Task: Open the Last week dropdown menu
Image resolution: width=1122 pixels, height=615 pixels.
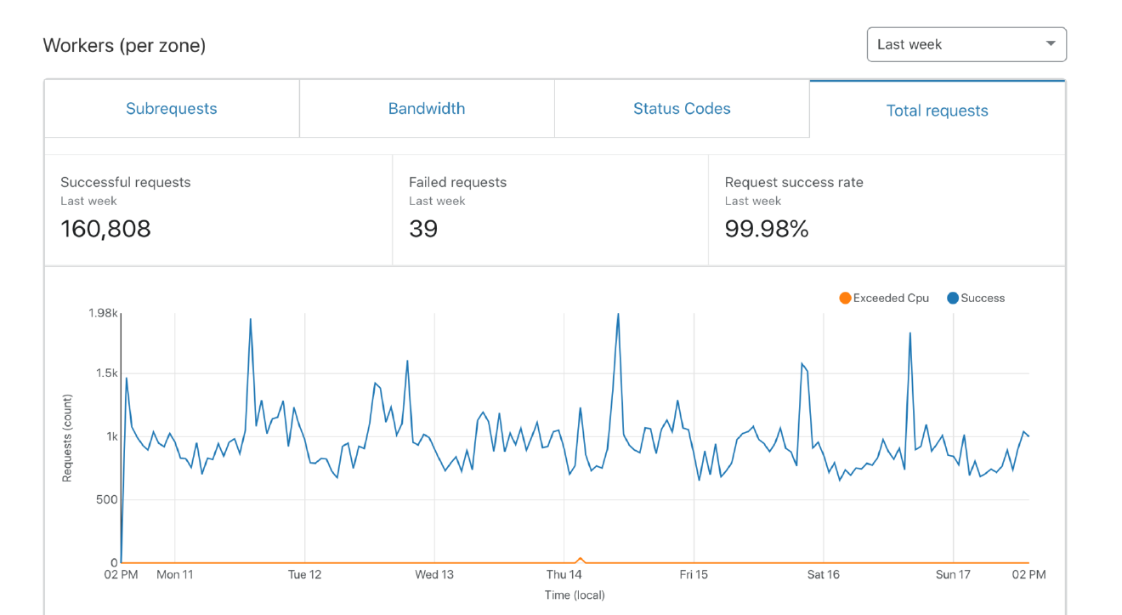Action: pyautogui.click(x=966, y=44)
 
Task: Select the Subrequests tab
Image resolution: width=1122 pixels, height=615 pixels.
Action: pyautogui.click(x=172, y=109)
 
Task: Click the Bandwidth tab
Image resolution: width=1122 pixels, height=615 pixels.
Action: pyautogui.click(x=427, y=109)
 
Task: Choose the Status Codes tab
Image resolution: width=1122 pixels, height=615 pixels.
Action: pyautogui.click(x=682, y=109)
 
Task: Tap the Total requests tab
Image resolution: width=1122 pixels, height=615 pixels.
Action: pyautogui.click(x=937, y=111)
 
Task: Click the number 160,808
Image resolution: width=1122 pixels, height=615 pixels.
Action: pyautogui.click(x=105, y=229)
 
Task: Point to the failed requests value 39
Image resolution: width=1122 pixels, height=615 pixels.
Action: pyautogui.click(x=423, y=229)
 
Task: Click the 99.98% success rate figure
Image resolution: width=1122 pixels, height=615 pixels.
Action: pyautogui.click(x=766, y=229)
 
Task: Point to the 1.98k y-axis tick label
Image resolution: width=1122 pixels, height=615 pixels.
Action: pyautogui.click(x=102, y=313)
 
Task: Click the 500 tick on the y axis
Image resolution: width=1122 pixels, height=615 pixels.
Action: pyautogui.click(x=106, y=499)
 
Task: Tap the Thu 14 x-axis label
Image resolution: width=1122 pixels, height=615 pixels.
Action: pyautogui.click(x=564, y=575)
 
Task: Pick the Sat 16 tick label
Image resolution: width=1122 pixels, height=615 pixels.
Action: pyautogui.click(x=823, y=575)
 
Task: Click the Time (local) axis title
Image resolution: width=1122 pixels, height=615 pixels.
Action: pyautogui.click(x=575, y=595)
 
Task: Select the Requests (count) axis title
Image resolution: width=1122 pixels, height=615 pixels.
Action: pyautogui.click(x=67, y=438)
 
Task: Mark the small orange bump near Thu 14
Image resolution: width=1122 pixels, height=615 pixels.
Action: pyautogui.click(x=581, y=559)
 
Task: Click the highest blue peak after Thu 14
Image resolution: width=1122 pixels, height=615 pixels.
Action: pyautogui.click(x=618, y=315)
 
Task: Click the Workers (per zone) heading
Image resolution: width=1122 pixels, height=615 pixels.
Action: pyautogui.click(x=124, y=45)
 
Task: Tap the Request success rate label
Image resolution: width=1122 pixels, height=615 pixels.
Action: pyautogui.click(x=794, y=182)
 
